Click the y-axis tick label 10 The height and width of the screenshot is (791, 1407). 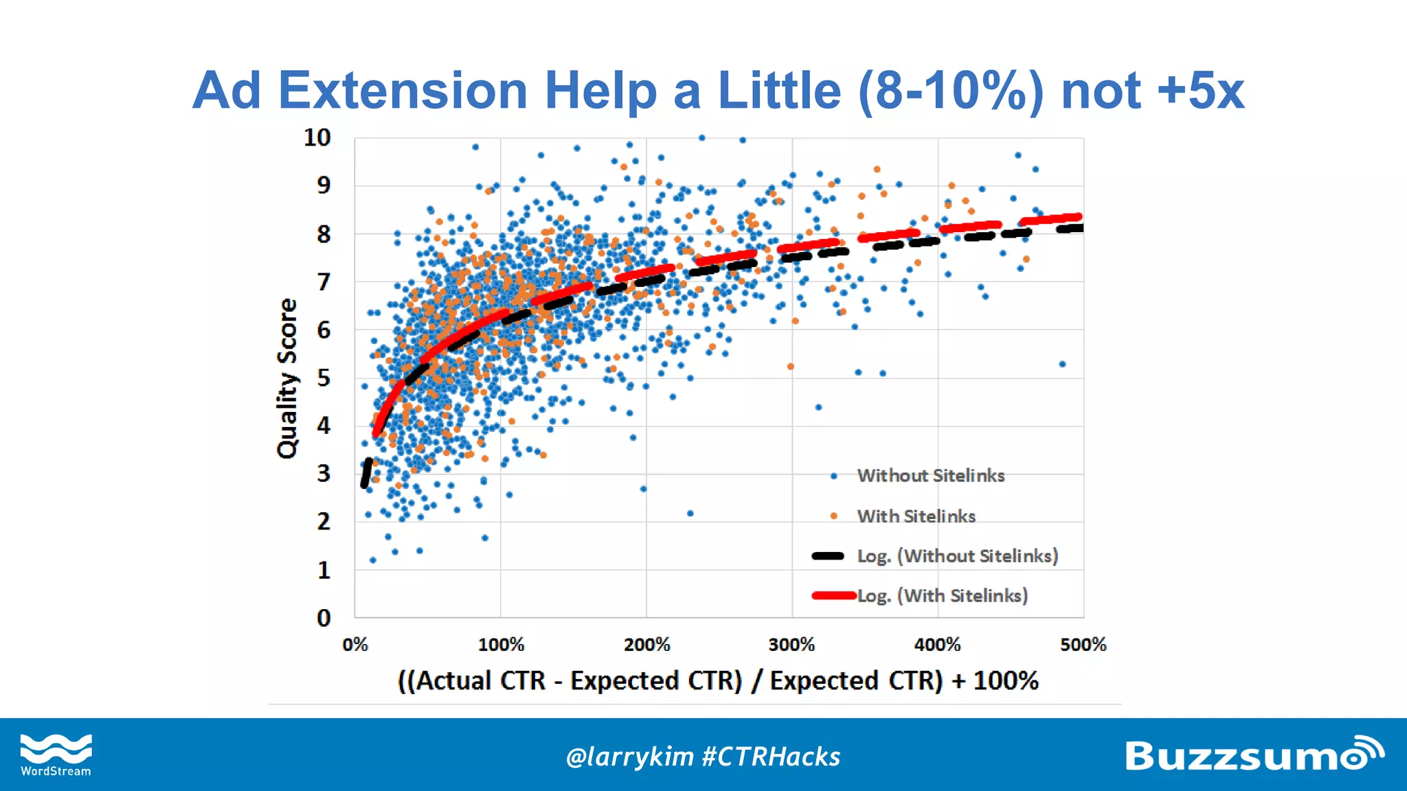coord(317,138)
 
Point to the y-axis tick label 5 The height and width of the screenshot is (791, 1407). coord(324,378)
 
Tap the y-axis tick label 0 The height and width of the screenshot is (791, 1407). coord(324,618)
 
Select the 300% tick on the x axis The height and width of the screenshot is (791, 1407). coord(791,645)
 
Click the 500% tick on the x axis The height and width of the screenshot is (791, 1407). coord(1083,645)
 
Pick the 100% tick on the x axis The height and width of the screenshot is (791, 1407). coord(501,645)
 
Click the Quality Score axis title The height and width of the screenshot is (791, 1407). coord(287,378)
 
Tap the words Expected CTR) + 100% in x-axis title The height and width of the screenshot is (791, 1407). coord(904,680)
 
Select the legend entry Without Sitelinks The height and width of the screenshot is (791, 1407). coord(930,476)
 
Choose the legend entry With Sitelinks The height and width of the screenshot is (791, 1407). coord(916,516)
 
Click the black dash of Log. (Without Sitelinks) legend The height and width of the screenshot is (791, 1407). coord(828,556)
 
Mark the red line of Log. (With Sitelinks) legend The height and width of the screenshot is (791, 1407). coord(833,595)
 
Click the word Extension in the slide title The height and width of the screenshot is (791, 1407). coord(403,91)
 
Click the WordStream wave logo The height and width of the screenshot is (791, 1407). coord(56,749)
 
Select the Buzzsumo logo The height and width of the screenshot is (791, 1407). coord(1253,755)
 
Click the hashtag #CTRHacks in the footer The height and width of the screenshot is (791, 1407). coord(771,757)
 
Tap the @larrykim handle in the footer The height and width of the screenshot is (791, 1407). coord(629,757)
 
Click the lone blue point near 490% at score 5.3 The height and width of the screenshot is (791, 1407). coord(1062,364)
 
